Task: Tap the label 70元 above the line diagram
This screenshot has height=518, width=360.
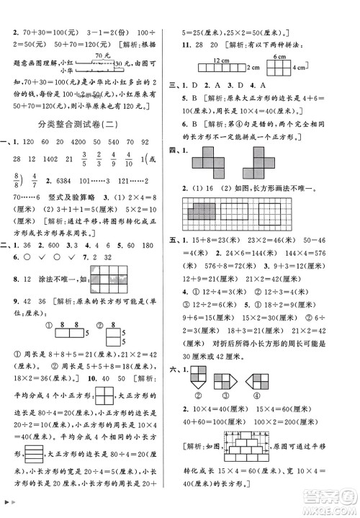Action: (100, 55)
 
